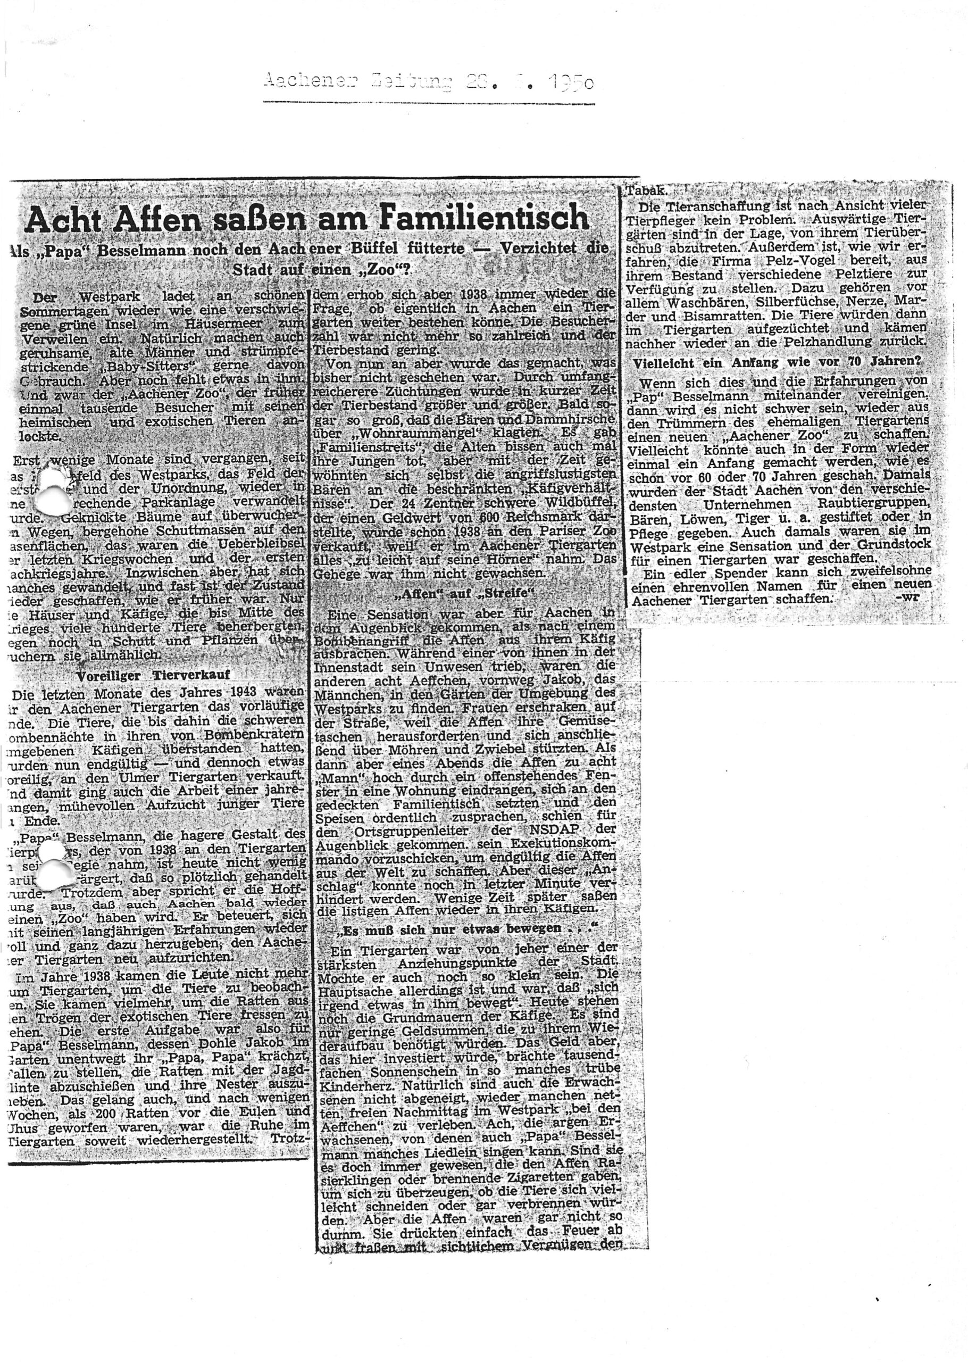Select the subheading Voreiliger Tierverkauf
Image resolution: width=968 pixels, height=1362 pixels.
[153, 675]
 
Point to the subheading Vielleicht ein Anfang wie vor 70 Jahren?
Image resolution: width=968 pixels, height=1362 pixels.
[777, 362]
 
